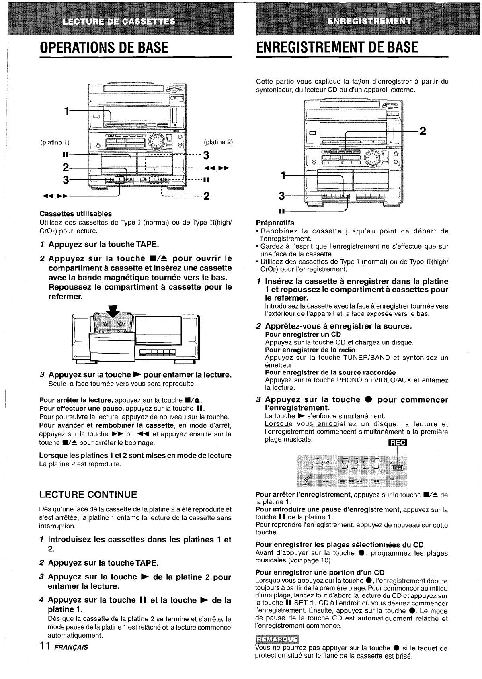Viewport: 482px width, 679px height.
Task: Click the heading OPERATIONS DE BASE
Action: [x=104, y=47]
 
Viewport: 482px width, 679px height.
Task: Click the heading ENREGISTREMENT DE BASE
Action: [x=337, y=47]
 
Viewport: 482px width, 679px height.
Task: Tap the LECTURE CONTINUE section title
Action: [x=88, y=494]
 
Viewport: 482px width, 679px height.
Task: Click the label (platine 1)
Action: [x=55, y=142]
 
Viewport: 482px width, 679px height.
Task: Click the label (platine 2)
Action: [x=218, y=142]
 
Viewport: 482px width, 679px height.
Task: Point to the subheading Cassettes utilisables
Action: [x=76, y=213]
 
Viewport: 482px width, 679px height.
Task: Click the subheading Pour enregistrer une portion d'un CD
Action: [x=320, y=572]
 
